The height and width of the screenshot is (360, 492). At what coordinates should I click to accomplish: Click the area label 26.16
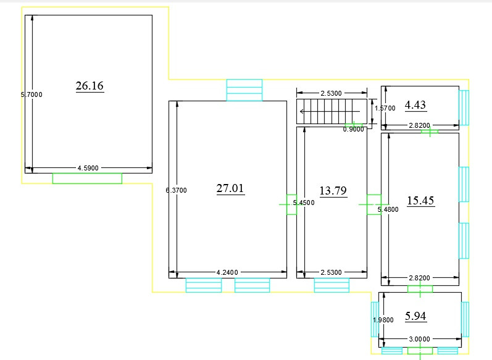pos(90,86)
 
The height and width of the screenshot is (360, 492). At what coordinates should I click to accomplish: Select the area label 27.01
pos(230,188)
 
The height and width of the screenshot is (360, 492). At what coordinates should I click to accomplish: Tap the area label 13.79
pos(333,191)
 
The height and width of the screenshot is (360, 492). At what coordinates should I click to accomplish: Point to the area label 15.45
pos(420,201)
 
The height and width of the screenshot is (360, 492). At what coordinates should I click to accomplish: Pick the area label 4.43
pos(415,105)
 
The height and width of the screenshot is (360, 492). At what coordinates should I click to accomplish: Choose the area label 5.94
pos(415,316)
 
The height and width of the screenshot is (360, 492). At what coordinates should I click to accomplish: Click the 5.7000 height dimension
pos(31,94)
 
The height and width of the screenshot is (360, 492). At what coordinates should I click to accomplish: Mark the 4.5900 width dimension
pos(88,168)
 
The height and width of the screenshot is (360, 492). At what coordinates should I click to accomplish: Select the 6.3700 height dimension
pos(176,190)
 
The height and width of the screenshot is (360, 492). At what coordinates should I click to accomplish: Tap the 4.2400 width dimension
pos(227,272)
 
